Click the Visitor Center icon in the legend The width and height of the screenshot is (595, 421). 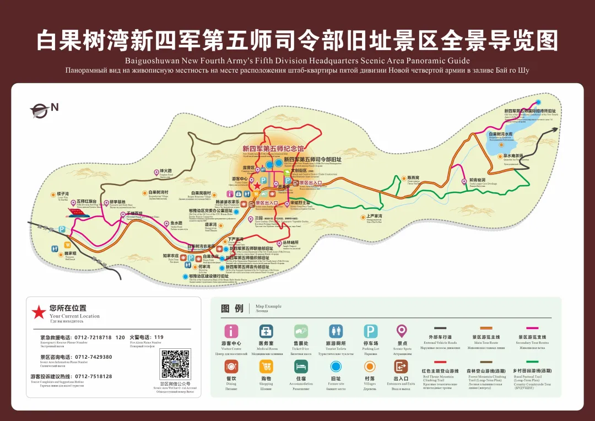(232, 331)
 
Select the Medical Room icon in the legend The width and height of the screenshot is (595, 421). (266, 331)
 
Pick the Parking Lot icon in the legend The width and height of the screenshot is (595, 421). (371, 331)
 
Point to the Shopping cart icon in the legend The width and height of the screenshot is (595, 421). (266, 366)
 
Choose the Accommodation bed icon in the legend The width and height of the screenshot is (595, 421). (301, 366)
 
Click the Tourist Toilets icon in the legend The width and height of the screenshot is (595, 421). (336, 331)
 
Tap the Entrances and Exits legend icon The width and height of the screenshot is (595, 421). (401, 366)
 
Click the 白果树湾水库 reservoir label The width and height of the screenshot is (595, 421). (501, 134)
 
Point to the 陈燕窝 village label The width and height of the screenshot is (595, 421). (413, 177)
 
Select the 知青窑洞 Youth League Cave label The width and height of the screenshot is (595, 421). (477, 180)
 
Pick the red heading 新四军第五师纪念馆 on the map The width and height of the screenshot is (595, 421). (273, 149)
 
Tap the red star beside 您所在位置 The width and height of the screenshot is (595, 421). (38, 312)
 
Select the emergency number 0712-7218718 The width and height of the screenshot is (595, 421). (91, 337)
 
